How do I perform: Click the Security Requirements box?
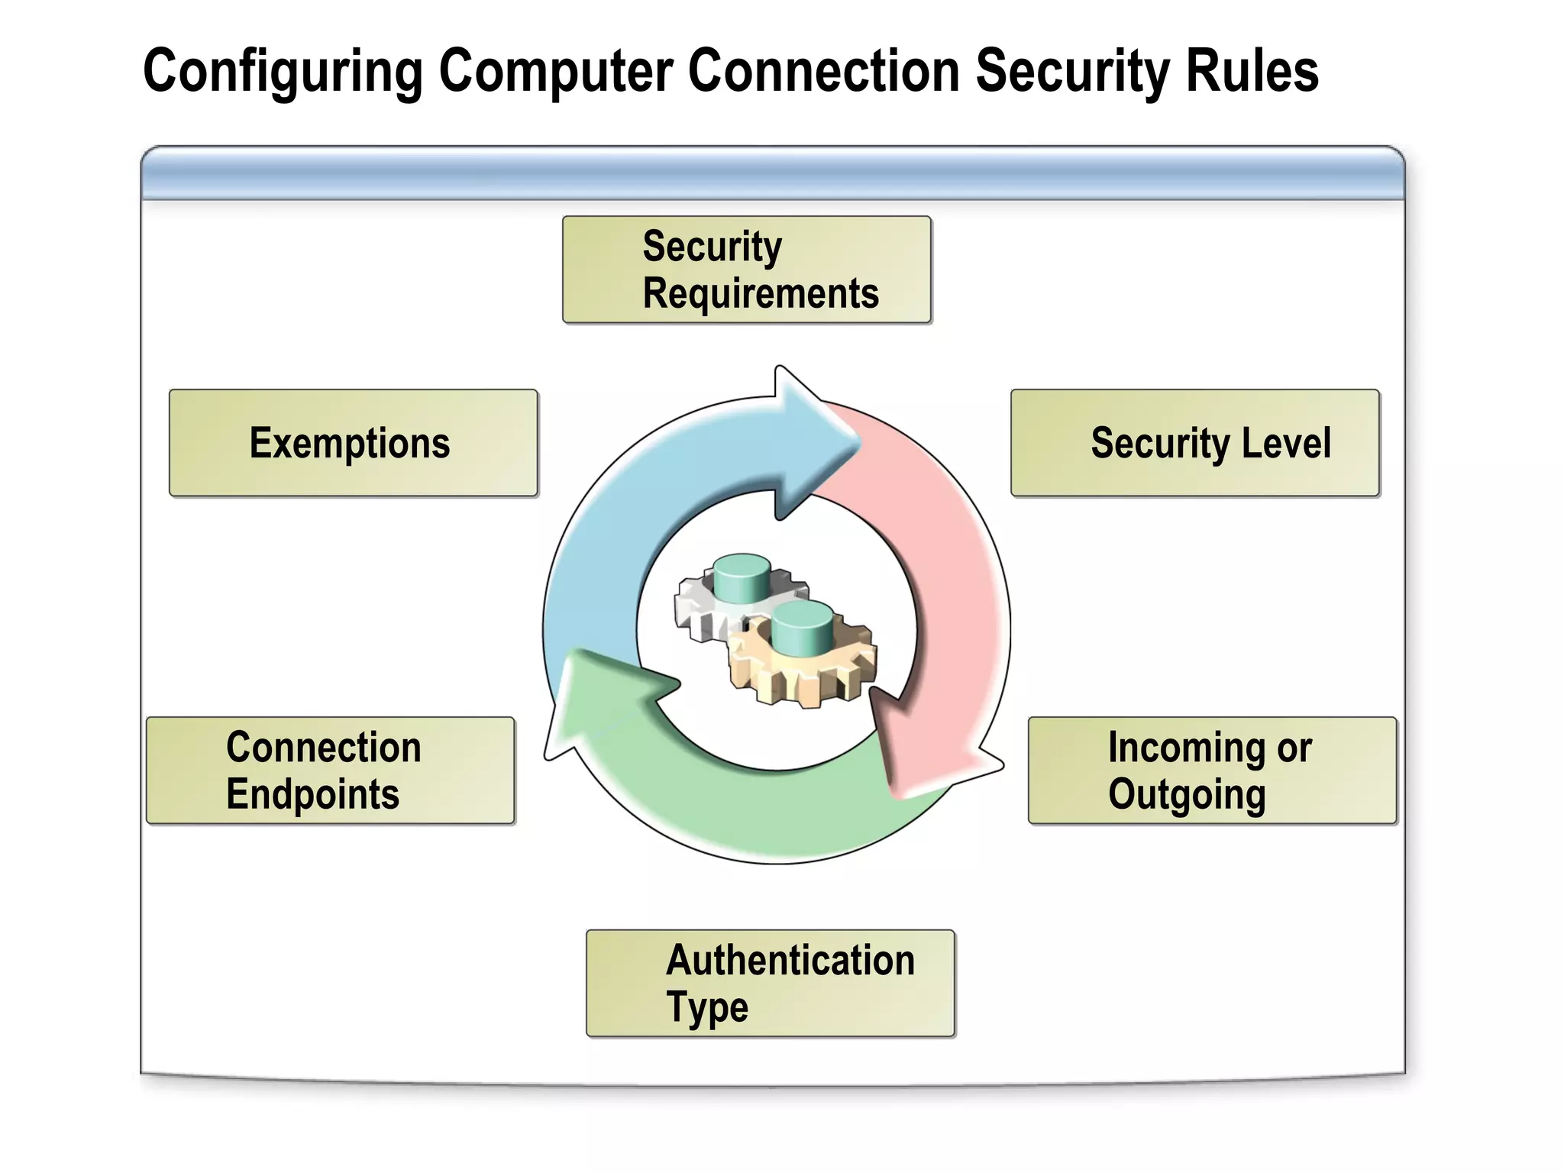tap(746, 270)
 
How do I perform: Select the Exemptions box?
tap(353, 443)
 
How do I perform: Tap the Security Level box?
tap(1194, 443)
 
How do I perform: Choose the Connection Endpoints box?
tap(330, 771)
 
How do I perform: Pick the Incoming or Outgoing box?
tap(1212, 771)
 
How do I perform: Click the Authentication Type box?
tap(770, 983)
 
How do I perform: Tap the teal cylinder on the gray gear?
tap(742, 578)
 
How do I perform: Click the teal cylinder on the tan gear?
tap(802, 626)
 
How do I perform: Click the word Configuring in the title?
tap(283, 71)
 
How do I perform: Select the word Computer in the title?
tap(556, 71)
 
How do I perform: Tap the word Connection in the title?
tap(823, 71)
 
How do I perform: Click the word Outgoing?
tap(1187, 794)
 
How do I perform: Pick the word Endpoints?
tap(312, 794)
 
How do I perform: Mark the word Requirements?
tap(761, 294)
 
